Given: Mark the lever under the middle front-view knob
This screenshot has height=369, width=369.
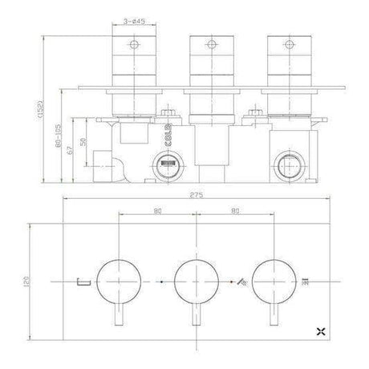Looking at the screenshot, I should coord(196,317).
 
